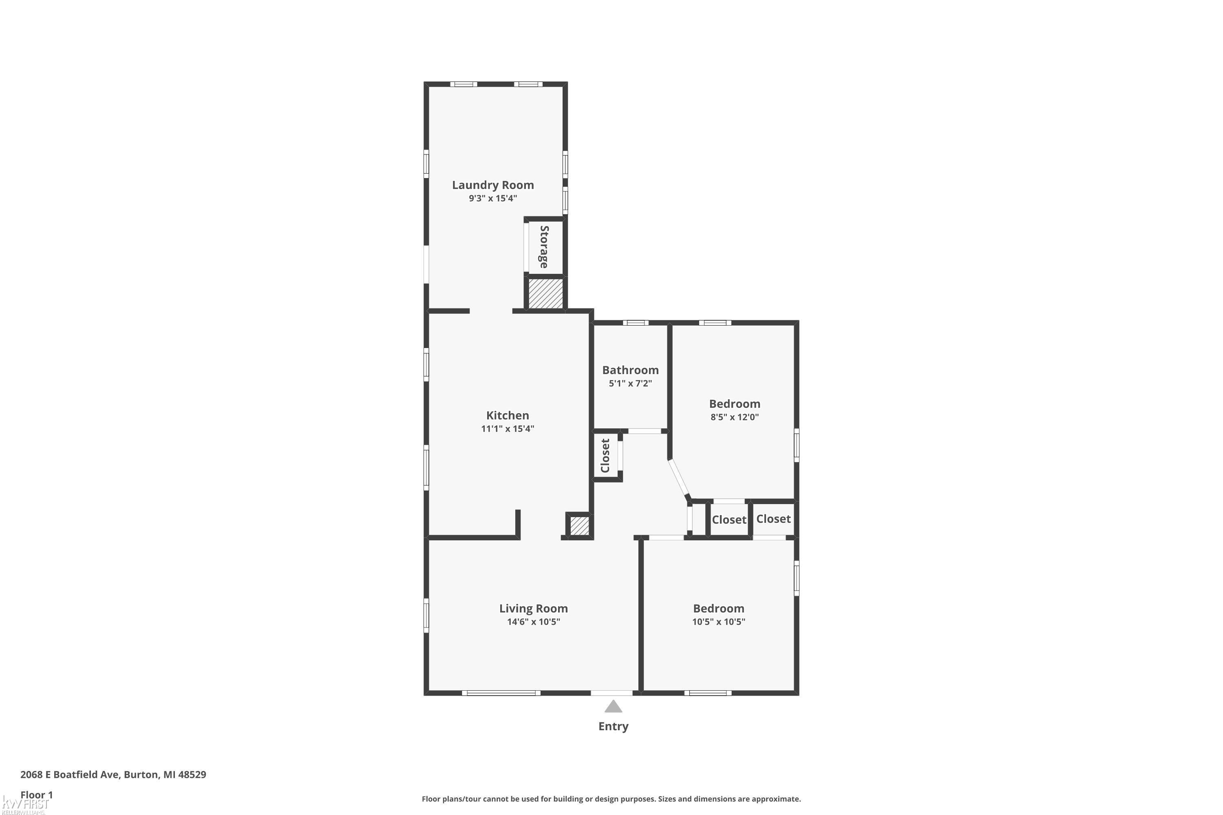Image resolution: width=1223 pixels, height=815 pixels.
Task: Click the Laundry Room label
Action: point(492,185)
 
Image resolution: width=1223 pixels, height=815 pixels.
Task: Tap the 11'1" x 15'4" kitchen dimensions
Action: point(508,429)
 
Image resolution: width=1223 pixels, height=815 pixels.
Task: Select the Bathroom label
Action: point(630,370)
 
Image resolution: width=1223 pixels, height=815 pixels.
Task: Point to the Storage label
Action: point(544,247)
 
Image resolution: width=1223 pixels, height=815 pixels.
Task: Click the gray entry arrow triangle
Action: point(613,706)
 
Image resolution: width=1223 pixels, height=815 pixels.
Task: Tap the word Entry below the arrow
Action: point(613,727)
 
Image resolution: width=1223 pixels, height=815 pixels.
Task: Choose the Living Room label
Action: point(534,609)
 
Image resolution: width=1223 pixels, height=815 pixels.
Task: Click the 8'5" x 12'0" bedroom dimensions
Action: point(734,417)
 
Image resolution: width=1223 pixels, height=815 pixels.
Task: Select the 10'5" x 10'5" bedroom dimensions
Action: point(718,622)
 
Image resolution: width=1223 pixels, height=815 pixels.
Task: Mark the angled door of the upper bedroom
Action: point(679,479)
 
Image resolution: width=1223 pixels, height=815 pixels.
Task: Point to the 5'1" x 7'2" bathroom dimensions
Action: point(630,383)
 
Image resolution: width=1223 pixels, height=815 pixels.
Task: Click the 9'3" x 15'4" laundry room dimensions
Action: point(492,198)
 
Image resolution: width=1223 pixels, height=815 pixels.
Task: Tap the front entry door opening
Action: point(611,693)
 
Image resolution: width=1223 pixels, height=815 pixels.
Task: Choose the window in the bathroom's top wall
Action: point(636,323)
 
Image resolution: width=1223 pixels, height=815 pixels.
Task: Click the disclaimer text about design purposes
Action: point(611,799)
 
